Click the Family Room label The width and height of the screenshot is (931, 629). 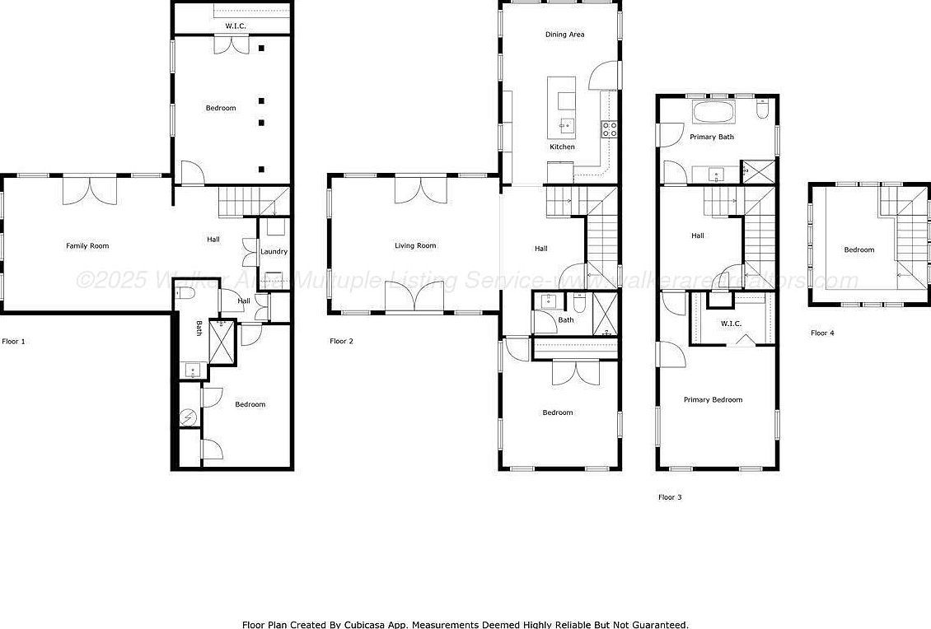point(87,245)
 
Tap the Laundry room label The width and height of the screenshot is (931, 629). point(274,251)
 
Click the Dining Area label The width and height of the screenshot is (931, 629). point(564,35)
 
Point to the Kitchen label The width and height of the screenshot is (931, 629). point(562,147)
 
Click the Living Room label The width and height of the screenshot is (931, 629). point(415,245)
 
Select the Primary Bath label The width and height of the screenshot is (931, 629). point(712,137)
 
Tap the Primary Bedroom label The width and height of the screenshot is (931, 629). point(713,399)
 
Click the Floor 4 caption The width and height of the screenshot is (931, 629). point(822,333)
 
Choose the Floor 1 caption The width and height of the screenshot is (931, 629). point(14,341)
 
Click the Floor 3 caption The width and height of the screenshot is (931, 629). point(670,497)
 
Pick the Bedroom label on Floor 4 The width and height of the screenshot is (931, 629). point(858,249)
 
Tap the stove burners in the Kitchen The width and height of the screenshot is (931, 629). point(611,128)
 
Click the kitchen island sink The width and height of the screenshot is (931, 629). point(567,125)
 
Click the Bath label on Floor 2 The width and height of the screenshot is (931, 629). point(566,319)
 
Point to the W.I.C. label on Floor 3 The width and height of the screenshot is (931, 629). point(731,324)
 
